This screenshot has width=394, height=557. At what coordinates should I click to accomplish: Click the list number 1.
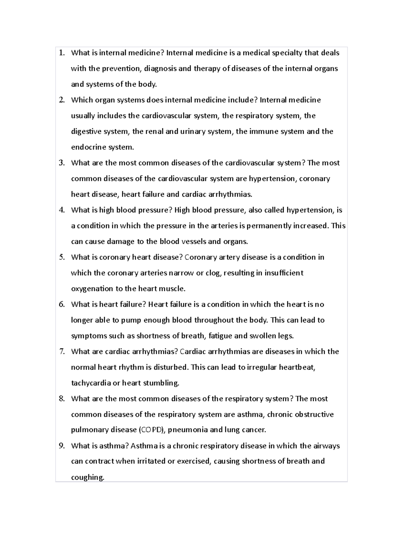pyautogui.click(x=61, y=53)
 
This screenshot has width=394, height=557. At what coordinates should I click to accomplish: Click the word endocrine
pyautogui.click(x=89, y=147)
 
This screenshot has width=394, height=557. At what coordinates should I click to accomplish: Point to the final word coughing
pyautogui.click(x=87, y=477)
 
